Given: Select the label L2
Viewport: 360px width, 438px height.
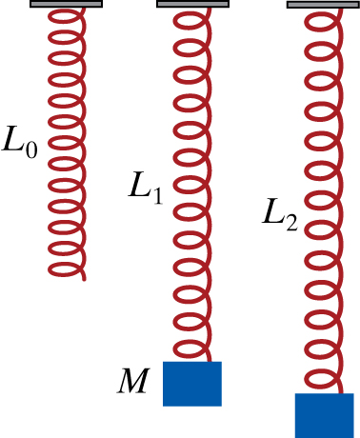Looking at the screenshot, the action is point(280,221).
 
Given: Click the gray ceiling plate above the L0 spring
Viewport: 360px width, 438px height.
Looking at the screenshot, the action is point(67,4).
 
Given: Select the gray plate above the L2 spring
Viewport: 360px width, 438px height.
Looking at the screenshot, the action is point(322,5).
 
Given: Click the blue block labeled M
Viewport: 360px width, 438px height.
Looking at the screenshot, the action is point(192,384).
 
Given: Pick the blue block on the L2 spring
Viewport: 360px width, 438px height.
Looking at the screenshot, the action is point(324,415).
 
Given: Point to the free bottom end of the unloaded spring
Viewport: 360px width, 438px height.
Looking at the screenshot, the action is point(84,278).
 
